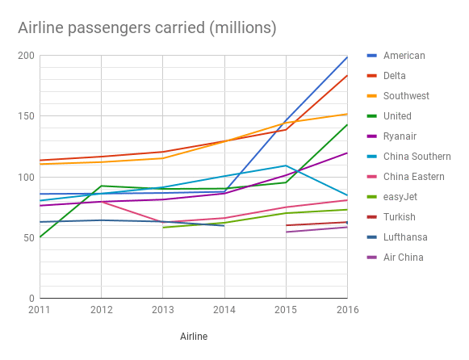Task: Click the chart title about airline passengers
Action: point(147,28)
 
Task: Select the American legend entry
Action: point(404,56)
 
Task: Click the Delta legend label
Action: point(395,76)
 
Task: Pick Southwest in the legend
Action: point(406,96)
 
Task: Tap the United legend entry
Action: point(397,116)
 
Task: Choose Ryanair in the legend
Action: point(400,136)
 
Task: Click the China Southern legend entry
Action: point(417,157)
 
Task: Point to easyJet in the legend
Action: point(400,197)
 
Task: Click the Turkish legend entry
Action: point(399,217)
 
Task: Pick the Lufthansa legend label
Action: point(404,237)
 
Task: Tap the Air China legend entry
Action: point(403,257)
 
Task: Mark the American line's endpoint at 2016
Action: point(347,57)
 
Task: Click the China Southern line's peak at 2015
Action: point(286,165)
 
